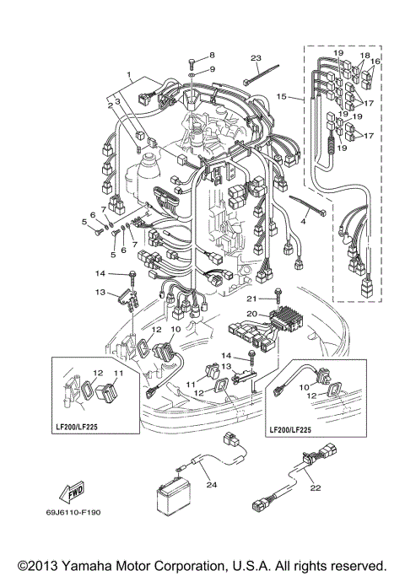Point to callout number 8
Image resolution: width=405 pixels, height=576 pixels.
pyautogui.click(x=212, y=55)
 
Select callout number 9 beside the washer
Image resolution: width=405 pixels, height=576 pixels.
pyautogui.click(x=212, y=69)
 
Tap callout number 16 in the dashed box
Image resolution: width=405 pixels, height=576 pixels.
pyautogui.click(x=376, y=62)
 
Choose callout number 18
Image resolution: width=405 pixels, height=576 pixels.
pyautogui.click(x=364, y=54)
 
